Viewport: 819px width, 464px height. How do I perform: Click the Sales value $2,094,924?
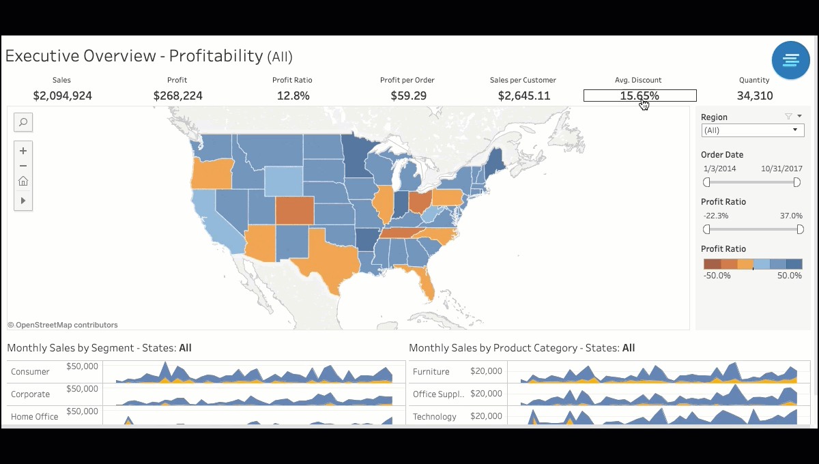point(62,96)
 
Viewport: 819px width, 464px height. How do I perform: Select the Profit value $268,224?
point(177,96)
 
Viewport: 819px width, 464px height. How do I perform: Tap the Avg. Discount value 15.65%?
point(640,96)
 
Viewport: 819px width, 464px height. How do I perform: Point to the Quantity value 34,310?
point(755,96)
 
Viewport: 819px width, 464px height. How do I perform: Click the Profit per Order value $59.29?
point(408,96)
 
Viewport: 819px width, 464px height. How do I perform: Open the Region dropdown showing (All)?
point(752,130)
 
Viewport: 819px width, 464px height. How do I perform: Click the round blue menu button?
point(790,60)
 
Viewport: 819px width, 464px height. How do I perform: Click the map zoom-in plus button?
point(23,151)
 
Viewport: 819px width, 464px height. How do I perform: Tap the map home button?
point(23,181)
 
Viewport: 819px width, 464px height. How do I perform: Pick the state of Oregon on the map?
point(211,173)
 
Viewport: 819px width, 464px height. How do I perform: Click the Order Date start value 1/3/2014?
point(719,169)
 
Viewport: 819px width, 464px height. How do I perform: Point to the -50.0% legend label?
point(717,276)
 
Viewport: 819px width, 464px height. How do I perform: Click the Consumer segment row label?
point(30,372)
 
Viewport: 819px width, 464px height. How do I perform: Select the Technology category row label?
point(434,417)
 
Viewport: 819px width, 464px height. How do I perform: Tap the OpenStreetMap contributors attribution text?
point(63,325)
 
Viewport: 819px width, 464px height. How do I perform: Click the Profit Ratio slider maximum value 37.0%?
point(791,216)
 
